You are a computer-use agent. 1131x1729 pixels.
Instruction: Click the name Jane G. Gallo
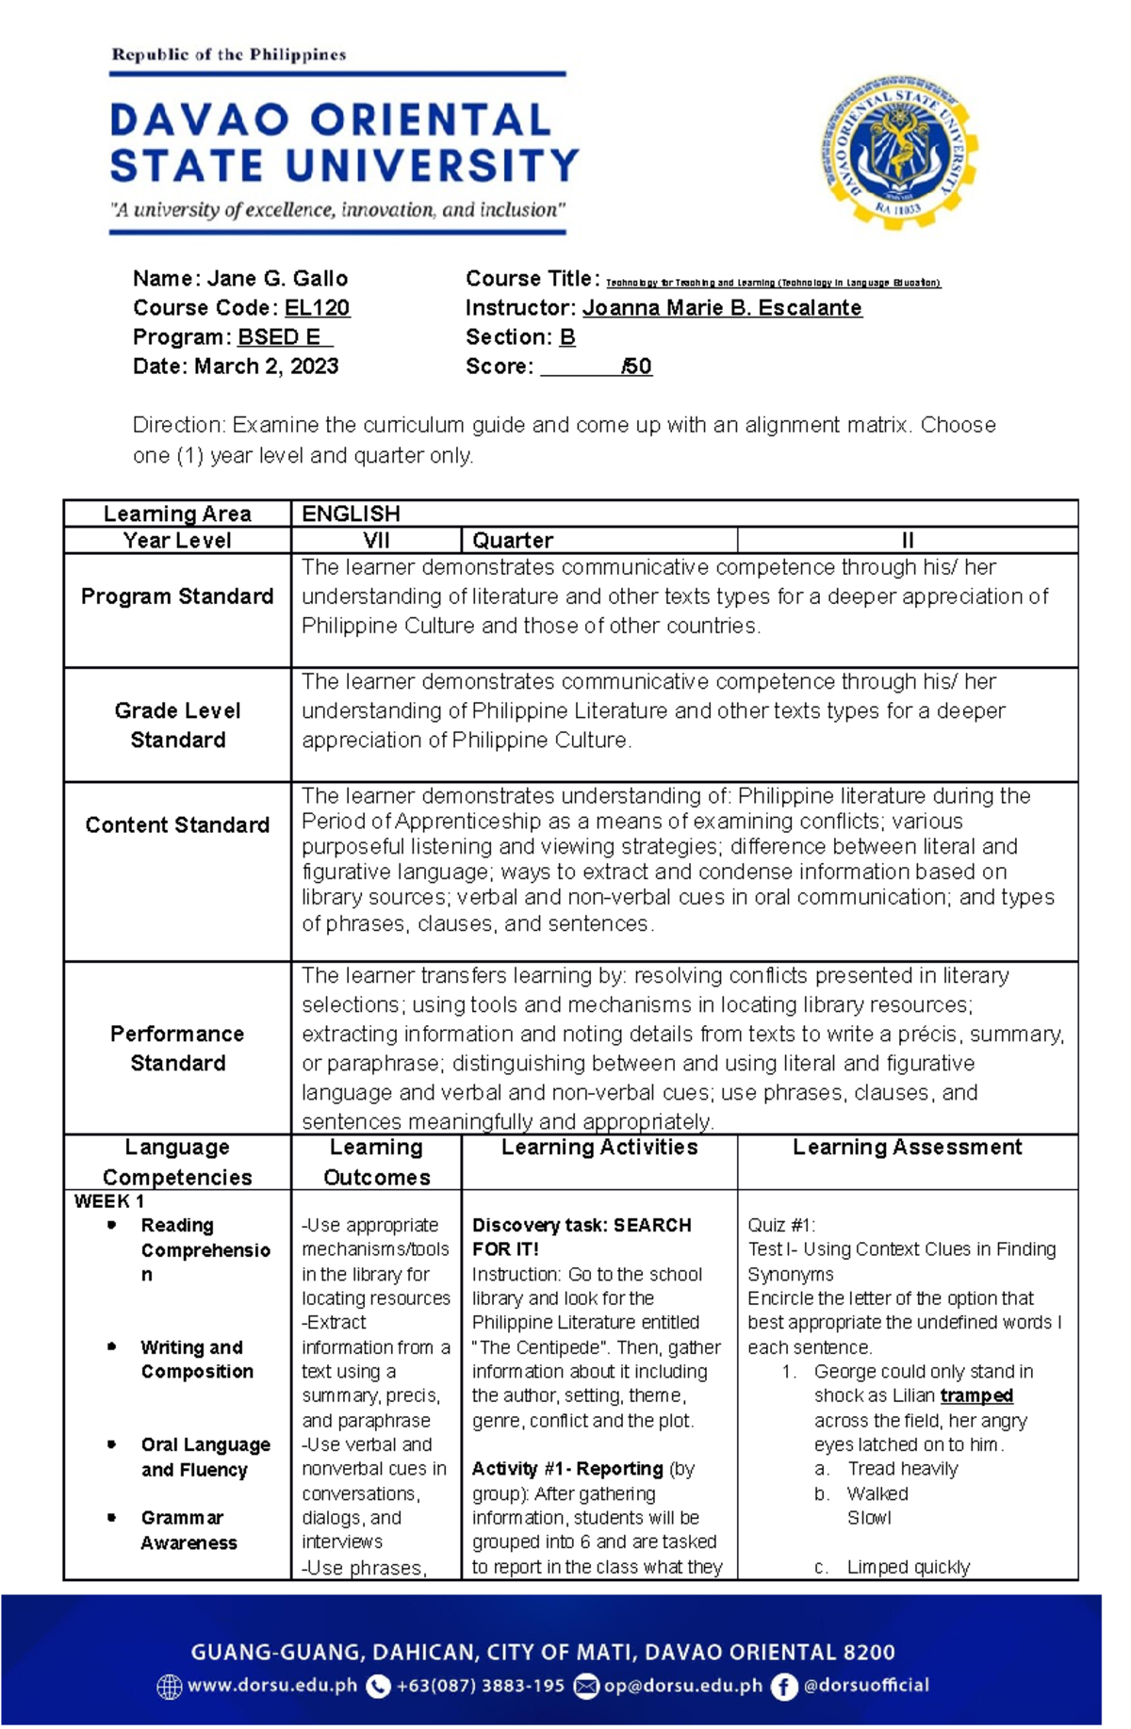277,279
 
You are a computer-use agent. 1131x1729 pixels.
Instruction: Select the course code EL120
317,308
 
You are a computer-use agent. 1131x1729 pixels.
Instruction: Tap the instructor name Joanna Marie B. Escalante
722,308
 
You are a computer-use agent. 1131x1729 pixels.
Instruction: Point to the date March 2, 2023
266,367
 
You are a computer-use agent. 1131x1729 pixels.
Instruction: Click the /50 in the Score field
637,367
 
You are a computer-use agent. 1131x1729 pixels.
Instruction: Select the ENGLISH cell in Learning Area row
351,514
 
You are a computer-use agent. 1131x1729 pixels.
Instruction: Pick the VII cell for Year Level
375,541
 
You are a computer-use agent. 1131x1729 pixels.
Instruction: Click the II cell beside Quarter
907,541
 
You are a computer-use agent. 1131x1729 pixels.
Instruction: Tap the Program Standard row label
177,596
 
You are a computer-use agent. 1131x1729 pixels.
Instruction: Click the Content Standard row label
177,825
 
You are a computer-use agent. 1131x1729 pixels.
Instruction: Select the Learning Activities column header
599,1148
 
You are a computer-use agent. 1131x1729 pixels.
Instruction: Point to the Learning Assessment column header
907,1148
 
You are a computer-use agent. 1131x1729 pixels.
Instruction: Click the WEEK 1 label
109,1201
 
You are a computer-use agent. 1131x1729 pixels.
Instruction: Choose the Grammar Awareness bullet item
188,1530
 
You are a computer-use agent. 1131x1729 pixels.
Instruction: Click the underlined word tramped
976,1395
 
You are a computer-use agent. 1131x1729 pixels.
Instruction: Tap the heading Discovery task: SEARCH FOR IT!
582,1237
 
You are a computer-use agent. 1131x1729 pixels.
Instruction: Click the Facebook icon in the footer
783,1687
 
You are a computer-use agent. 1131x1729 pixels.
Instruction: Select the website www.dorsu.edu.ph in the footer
272,1686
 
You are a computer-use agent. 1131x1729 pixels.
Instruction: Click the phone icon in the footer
378,1687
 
